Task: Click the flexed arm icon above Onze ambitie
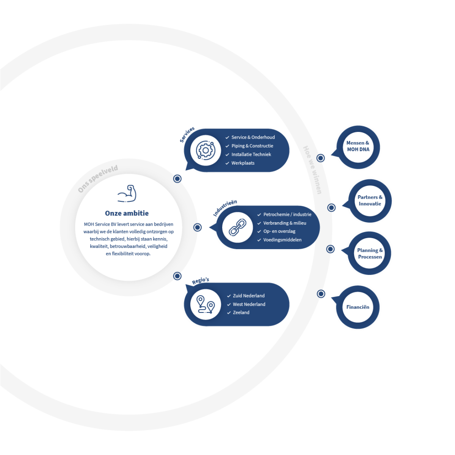click(x=127, y=194)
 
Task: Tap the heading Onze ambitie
click(x=127, y=213)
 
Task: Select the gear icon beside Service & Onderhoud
click(x=206, y=151)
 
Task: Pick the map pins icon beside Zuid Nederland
click(x=206, y=304)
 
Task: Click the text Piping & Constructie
click(x=252, y=146)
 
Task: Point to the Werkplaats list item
click(x=243, y=163)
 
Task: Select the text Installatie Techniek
click(x=251, y=154)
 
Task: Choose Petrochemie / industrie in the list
click(x=287, y=215)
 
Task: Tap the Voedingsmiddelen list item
click(x=282, y=240)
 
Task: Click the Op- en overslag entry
click(x=279, y=231)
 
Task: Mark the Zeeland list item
click(x=241, y=312)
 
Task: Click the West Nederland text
click(x=249, y=304)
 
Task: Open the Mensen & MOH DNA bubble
click(x=358, y=146)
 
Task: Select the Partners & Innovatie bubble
click(x=370, y=201)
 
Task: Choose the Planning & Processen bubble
click(x=370, y=254)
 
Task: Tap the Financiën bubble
click(x=358, y=307)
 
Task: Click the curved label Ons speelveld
click(x=98, y=178)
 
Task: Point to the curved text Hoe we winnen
click(x=312, y=170)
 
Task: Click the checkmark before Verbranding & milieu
click(x=259, y=223)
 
